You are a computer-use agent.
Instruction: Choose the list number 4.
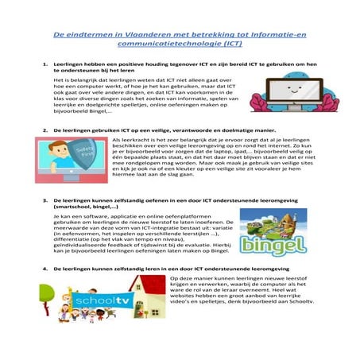click(x=45, y=269)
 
